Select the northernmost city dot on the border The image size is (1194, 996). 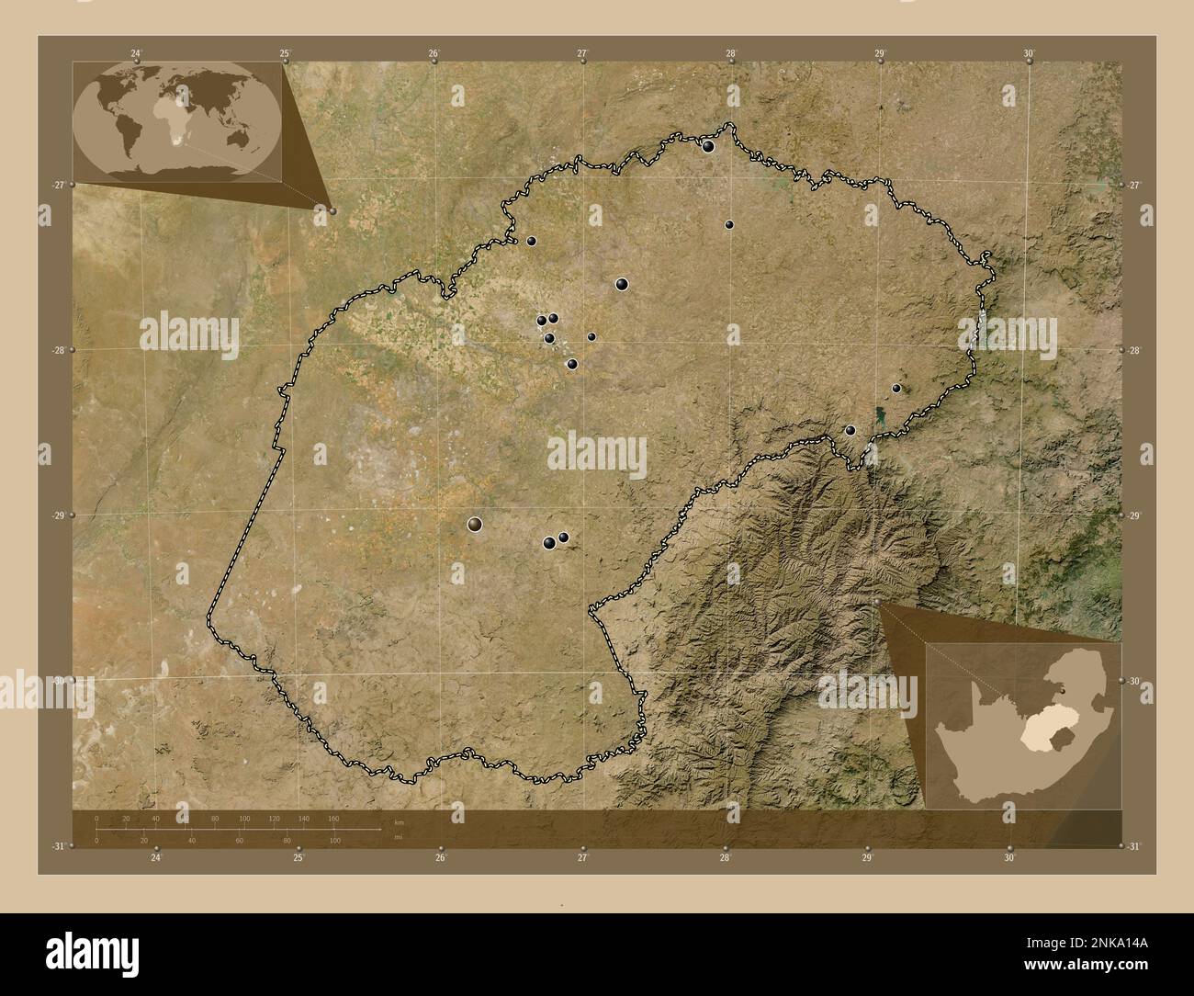point(708,145)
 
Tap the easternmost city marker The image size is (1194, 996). point(896,388)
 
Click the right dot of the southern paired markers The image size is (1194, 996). point(563,538)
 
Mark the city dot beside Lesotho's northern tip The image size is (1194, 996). point(850,430)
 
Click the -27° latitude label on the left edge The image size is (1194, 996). point(58,185)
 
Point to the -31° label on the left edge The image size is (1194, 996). point(58,845)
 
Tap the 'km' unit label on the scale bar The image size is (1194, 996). point(398,822)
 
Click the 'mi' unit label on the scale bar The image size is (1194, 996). point(398,838)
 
